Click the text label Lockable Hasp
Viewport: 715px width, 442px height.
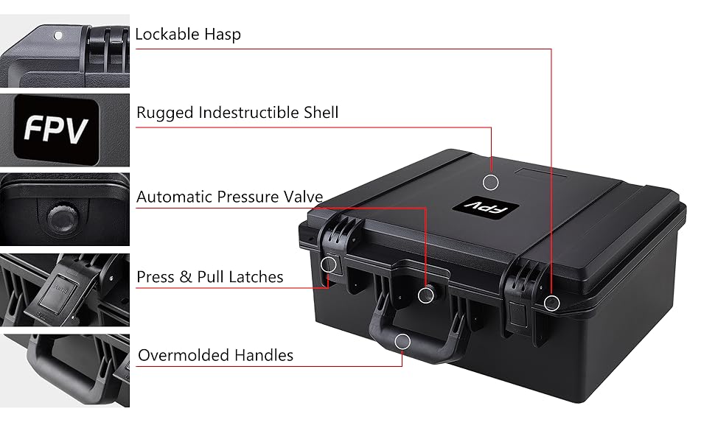point(188,34)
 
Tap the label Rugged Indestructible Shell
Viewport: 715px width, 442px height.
point(237,113)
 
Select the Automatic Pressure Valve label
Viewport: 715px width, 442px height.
point(229,197)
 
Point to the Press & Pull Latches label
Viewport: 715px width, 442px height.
point(210,277)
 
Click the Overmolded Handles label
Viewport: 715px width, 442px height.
point(215,355)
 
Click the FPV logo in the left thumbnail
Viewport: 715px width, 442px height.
point(56,130)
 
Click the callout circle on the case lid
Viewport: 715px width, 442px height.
point(491,181)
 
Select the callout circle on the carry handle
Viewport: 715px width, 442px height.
point(402,340)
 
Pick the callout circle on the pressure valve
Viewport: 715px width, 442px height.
point(426,295)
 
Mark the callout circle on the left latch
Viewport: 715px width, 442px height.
point(329,264)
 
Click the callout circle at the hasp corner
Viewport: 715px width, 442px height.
point(551,302)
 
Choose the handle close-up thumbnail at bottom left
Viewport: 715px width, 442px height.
point(65,371)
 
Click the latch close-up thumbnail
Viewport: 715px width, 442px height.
point(65,290)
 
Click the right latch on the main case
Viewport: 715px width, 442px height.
point(520,298)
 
